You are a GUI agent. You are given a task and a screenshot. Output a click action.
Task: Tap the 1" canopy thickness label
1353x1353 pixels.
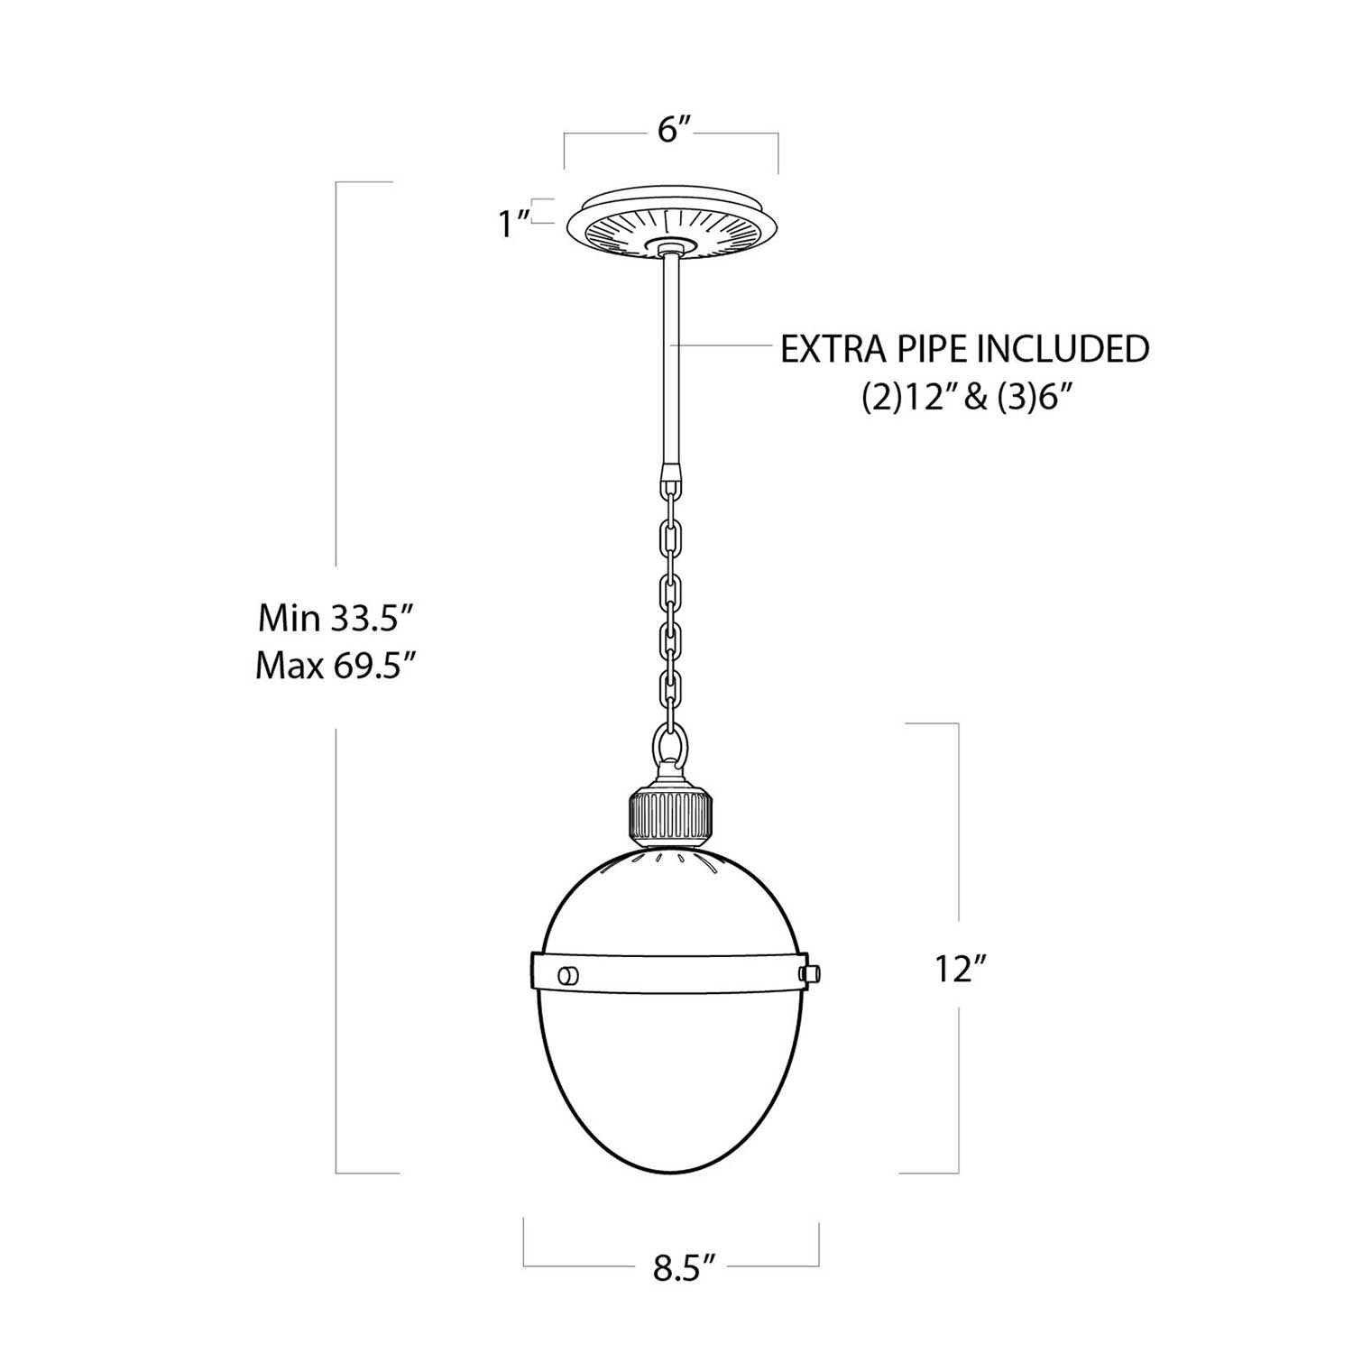[x=513, y=223]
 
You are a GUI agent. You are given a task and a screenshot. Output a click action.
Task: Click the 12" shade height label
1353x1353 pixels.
[x=958, y=971]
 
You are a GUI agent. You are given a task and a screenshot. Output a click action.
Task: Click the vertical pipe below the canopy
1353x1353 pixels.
[x=672, y=361]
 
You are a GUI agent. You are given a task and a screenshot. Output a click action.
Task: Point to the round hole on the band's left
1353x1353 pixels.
[x=569, y=974]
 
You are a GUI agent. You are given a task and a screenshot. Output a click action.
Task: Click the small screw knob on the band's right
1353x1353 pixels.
[x=811, y=972]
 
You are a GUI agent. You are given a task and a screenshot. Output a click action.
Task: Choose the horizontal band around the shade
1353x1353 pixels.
[x=672, y=972]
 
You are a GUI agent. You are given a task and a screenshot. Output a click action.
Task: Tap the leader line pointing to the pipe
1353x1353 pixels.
[x=722, y=345]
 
